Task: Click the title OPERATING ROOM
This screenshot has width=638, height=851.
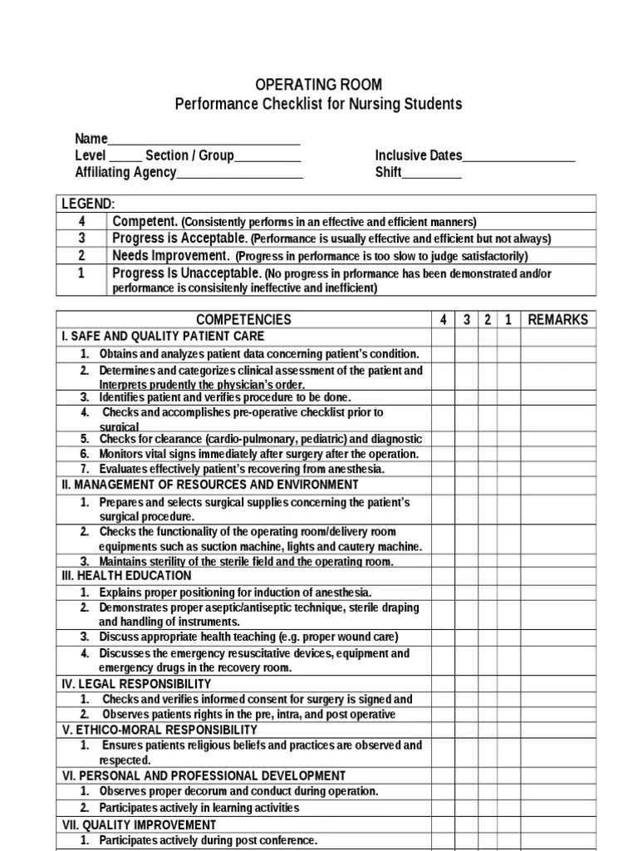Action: point(318,85)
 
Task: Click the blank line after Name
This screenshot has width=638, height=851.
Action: point(204,140)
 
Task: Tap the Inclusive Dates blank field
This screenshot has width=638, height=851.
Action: point(518,156)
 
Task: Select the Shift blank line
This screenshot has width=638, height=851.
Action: point(432,173)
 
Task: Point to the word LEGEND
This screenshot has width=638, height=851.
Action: point(88,204)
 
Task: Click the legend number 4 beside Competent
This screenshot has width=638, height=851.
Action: point(81,222)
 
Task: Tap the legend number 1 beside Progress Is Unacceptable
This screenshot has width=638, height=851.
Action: point(81,273)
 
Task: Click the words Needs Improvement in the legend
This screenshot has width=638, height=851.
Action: point(170,256)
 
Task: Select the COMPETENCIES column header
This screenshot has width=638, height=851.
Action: point(243,320)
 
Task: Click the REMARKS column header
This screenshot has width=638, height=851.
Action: point(557,320)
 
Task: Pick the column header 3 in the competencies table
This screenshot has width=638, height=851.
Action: point(467,320)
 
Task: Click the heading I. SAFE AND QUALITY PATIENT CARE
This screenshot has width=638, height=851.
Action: point(163,337)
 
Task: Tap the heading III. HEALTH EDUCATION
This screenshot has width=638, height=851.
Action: point(126,576)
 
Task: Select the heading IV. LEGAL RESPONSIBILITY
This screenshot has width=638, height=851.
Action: point(136,684)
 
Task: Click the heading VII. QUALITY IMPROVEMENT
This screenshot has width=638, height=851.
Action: point(139,825)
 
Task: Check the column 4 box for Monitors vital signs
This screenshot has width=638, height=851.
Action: point(444,454)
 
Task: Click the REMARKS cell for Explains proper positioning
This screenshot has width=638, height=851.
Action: point(557,593)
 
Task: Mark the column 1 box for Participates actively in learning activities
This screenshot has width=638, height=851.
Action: point(508,808)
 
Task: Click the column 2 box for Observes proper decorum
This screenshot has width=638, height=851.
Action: point(488,791)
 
